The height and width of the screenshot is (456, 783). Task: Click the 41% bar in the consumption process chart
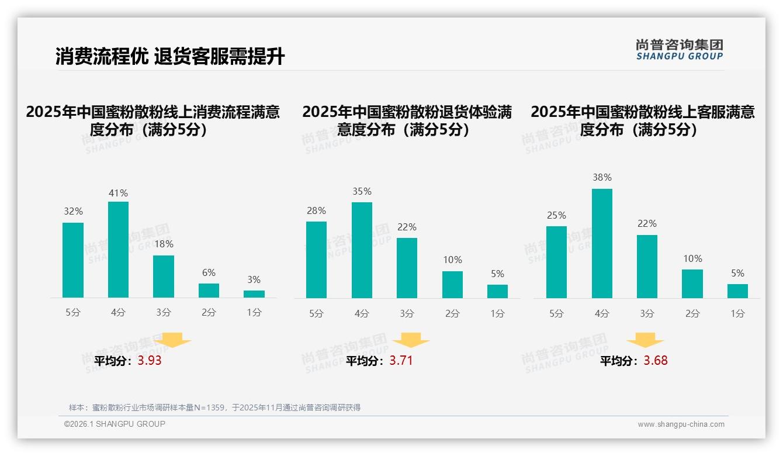point(118,250)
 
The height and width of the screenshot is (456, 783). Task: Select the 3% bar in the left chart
point(254,294)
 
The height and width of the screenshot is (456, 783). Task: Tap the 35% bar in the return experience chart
point(362,250)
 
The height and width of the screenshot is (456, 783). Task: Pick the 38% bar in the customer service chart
point(602,243)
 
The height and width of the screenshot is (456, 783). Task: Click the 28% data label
point(316,211)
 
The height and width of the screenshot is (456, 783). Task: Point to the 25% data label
point(556,216)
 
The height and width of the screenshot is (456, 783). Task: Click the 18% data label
point(164,244)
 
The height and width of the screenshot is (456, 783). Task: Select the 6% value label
point(209,273)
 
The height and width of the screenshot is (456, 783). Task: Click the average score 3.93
point(150,361)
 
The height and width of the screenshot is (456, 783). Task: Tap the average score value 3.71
point(401,361)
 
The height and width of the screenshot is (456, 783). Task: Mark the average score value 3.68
point(656,361)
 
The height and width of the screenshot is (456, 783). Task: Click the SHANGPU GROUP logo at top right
point(679,50)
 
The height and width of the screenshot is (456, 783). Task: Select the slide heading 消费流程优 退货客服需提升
point(170,57)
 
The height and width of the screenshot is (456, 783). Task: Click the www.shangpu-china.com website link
point(681,424)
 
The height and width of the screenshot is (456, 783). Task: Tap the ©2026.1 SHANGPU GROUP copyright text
point(115,424)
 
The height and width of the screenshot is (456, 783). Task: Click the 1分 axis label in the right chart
point(737,314)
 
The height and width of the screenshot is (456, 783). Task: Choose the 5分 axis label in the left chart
point(73,313)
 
